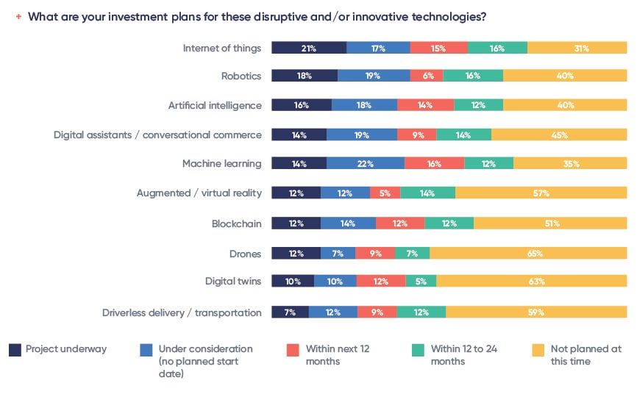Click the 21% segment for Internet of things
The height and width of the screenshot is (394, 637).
(309, 48)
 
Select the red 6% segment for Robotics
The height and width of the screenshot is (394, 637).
(427, 76)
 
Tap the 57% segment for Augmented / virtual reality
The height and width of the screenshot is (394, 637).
(541, 193)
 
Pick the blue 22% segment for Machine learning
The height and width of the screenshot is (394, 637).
(366, 163)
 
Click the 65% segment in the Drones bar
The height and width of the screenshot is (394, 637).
(528, 253)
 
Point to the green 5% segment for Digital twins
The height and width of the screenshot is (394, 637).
(421, 281)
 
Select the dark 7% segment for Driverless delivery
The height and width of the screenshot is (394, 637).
(290, 312)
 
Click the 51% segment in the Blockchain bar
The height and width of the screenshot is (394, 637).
(550, 223)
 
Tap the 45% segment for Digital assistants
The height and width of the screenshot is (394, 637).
(559, 135)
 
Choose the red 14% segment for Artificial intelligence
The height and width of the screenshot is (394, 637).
(426, 105)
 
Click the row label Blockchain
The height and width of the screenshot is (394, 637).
(236, 223)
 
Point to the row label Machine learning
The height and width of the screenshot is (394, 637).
(222, 164)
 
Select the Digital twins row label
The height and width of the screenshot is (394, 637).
(233, 281)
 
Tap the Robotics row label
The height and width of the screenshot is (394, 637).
(241, 76)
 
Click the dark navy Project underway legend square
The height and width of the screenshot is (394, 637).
(15, 350)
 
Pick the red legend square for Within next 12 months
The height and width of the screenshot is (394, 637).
(293, 350)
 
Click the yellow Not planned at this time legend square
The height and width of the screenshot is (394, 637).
(538, 350)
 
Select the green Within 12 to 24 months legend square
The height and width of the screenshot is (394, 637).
(418, 350)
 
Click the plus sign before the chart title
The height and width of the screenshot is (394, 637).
(18, 17)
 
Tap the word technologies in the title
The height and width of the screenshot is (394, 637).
(449, 17)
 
